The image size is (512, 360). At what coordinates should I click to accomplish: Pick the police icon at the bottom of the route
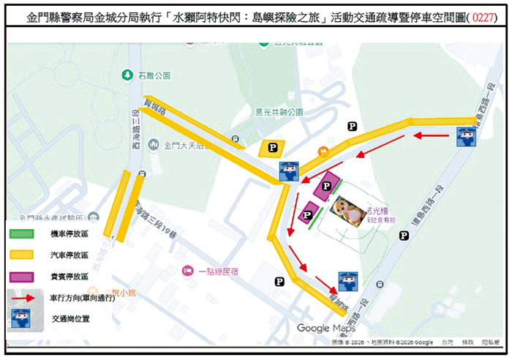[347, 282]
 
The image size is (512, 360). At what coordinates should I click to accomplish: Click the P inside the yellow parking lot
[273, 148]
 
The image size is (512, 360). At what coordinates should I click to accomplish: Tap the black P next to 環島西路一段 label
[403, 235]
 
